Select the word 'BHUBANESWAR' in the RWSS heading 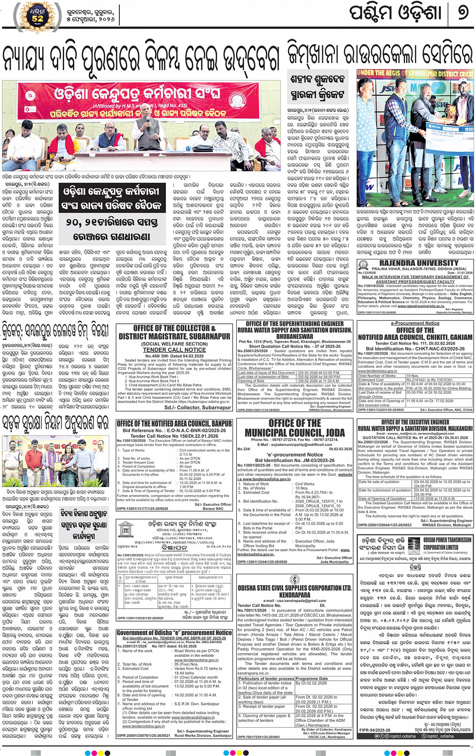(295, 336)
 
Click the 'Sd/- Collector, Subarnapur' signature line (189, 407)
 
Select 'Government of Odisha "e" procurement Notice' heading (174, 633)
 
